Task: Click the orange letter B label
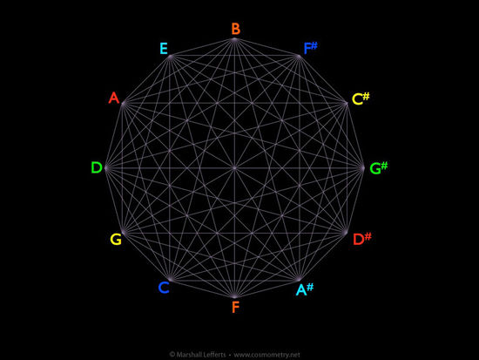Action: point(235,29)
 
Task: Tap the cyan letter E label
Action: point(164,49)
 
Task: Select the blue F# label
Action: point(310,48)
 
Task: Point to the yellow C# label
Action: point(361,98)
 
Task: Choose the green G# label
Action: point(379,168)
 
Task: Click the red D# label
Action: point(362,239)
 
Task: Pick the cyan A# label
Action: point(305,289)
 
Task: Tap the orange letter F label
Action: point(235,307)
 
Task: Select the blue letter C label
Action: point(164,288)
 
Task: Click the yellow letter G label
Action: point(116,239)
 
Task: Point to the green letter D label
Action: point(97,167)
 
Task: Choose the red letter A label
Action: point(114,98)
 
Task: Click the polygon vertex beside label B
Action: point(234,39)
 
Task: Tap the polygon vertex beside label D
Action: point(106,168)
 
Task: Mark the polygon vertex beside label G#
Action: point(362,168)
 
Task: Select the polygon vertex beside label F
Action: point(234,296)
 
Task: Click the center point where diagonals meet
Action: point(234,168)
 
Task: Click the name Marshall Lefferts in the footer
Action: point(201,355)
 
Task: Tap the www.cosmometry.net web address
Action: point(266,355)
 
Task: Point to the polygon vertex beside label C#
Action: point(346,104)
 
